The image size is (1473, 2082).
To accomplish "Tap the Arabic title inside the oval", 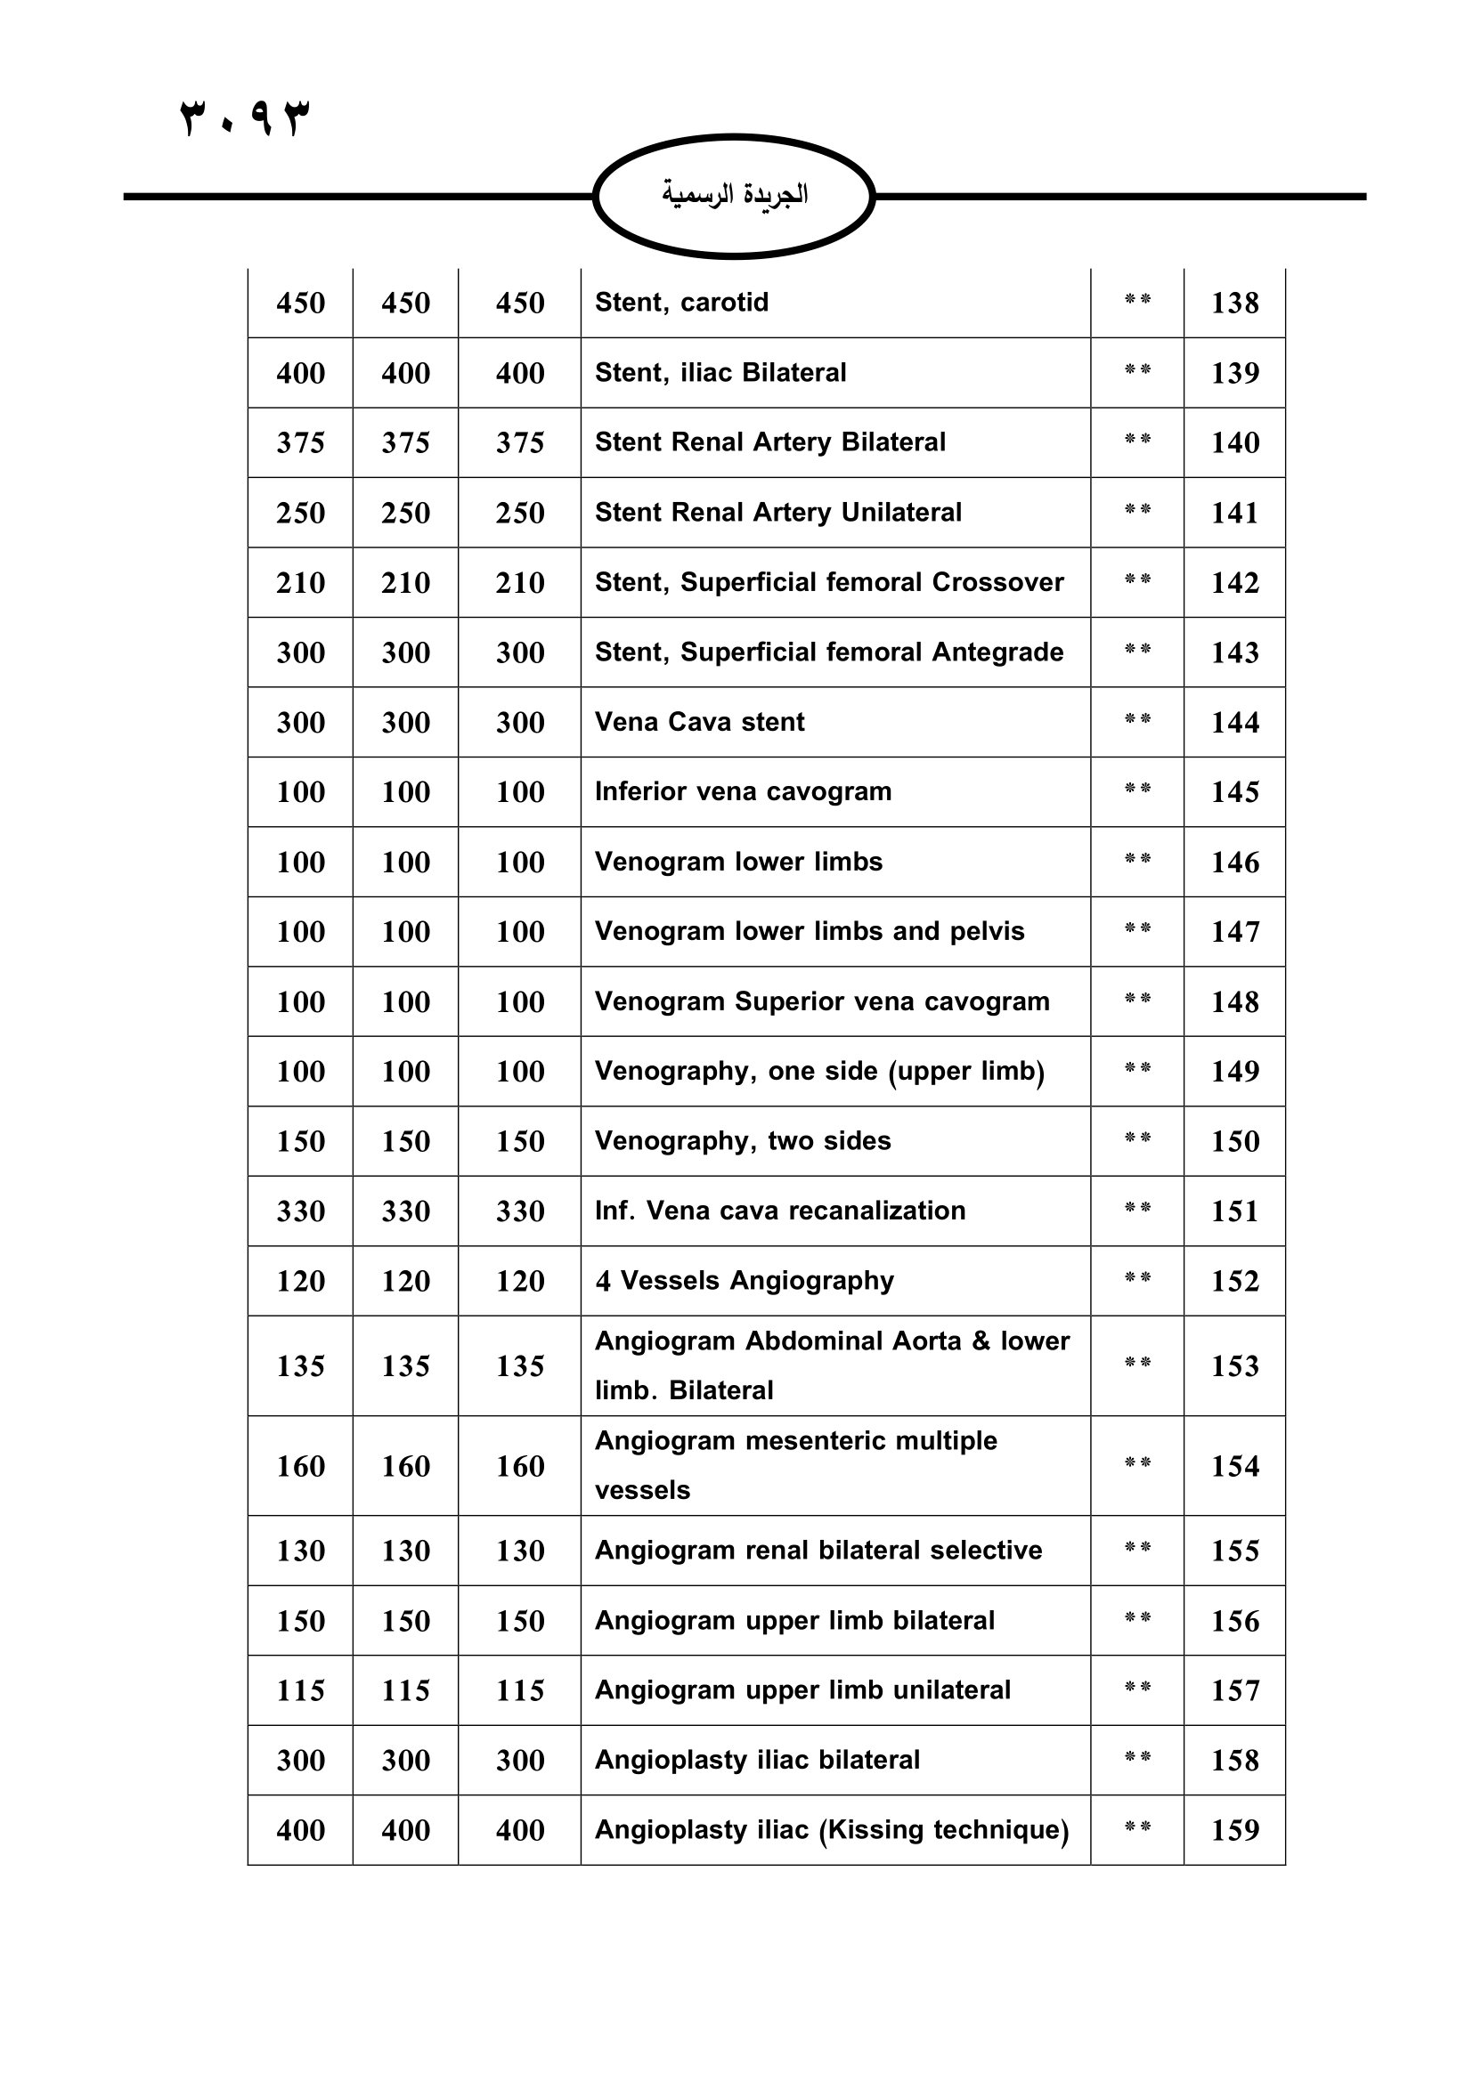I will (734, 195).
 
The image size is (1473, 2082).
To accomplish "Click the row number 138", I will (1234, 303).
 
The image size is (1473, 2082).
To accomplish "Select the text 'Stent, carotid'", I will (681, 302).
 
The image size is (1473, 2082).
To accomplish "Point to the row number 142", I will (1234, 582).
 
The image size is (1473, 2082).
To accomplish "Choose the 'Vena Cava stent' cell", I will (699, 722).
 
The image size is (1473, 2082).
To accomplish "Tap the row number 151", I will (1234, 1211).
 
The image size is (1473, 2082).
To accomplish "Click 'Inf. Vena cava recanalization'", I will (780, 1211).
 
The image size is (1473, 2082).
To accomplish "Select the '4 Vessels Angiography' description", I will (745, 1280).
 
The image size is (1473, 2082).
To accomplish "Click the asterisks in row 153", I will (1137, 1363).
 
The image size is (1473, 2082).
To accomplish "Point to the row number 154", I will (1234, 1466).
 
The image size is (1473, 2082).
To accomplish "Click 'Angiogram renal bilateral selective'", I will (818, 1551).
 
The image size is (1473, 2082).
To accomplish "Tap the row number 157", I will (1234, 1690).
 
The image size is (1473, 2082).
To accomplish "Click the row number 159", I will (1234, 1830).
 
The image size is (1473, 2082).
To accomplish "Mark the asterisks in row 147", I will (1137, 928).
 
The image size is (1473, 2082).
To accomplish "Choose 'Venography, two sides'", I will (743, 1141).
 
